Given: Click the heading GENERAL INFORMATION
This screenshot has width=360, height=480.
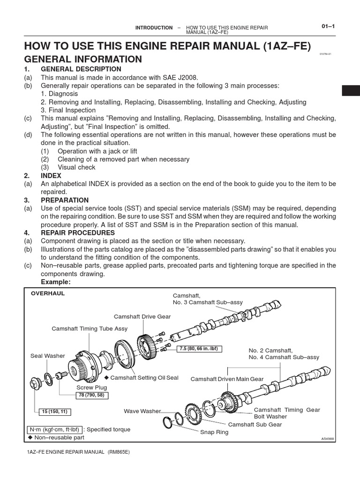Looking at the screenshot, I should (82, 59).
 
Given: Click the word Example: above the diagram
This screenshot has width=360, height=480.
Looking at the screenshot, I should (56, 282).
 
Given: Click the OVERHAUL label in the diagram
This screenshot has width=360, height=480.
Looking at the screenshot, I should (48, 293).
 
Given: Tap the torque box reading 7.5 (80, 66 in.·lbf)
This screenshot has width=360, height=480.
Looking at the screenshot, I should (199, 349).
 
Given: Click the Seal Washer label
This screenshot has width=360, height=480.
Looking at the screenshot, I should (48, 356).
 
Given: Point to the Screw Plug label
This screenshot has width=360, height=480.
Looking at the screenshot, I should (92, 388).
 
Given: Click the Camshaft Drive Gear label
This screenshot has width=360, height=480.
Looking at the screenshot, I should (142, 316).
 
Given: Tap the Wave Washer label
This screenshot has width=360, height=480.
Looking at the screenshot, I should (142, 411).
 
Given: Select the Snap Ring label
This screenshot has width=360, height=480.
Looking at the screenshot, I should (214, 432).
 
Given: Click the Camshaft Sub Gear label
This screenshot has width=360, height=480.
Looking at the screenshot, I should (255, 424).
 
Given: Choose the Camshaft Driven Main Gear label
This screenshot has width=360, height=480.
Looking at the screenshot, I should (227, 379).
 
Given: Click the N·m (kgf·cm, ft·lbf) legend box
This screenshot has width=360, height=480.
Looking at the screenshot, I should (54, 429).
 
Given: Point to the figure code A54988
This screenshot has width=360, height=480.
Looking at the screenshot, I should (328, 439).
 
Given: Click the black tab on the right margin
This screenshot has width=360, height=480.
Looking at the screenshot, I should (351, 90).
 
